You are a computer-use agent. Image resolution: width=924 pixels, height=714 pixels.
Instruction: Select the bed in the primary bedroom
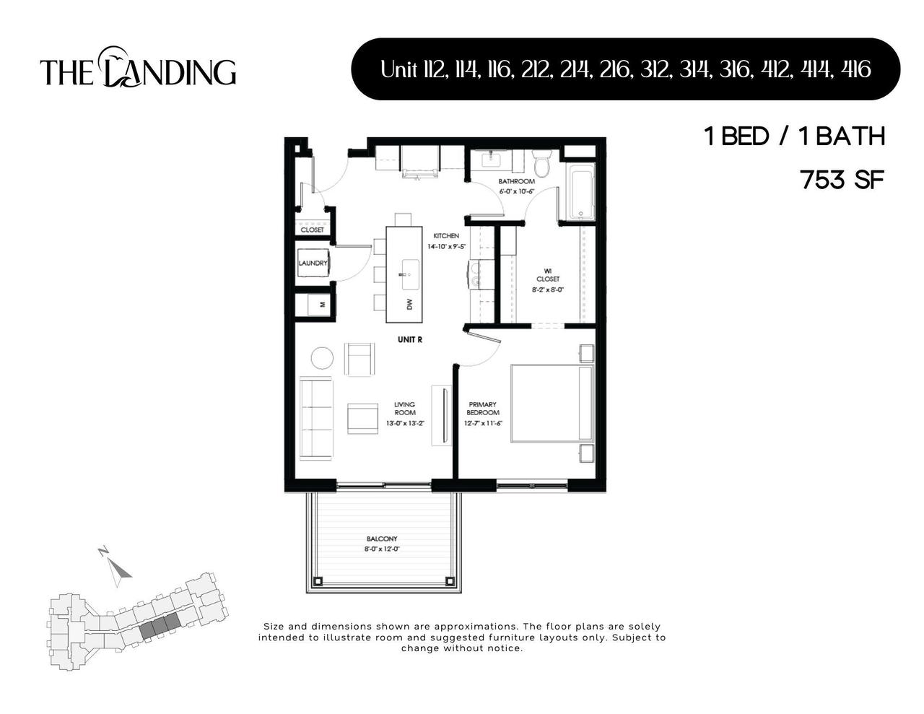(x=552, y=404)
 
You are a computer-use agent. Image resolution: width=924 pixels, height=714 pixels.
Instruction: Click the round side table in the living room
(x=322, y=358)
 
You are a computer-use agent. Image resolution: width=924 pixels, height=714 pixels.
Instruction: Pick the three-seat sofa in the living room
(x=316, y=418)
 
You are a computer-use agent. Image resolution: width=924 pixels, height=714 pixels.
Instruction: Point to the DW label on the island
(x=409, y=305)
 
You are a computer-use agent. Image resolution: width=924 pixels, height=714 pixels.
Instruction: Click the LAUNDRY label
(x=313, y=264)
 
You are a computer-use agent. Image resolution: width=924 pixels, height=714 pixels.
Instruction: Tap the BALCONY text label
(x=382, y=539)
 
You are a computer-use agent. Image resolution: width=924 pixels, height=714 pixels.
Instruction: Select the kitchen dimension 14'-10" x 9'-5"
(x=446, y=246)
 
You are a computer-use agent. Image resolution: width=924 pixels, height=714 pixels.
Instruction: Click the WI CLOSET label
(x=547, y=275)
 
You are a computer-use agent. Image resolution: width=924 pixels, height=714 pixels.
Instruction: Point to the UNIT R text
(x=409, y=339)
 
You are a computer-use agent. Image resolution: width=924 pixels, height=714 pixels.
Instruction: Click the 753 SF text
(x=842, y=180)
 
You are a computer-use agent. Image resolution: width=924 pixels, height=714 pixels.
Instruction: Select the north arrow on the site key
(x=118, y=566)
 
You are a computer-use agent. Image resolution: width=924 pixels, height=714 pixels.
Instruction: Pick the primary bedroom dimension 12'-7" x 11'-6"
(x=483, y=424)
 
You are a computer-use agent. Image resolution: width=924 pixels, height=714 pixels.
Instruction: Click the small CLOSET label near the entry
(x=313, y=230)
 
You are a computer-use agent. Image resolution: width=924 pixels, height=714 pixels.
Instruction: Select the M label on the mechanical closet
(x=323, y=305)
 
